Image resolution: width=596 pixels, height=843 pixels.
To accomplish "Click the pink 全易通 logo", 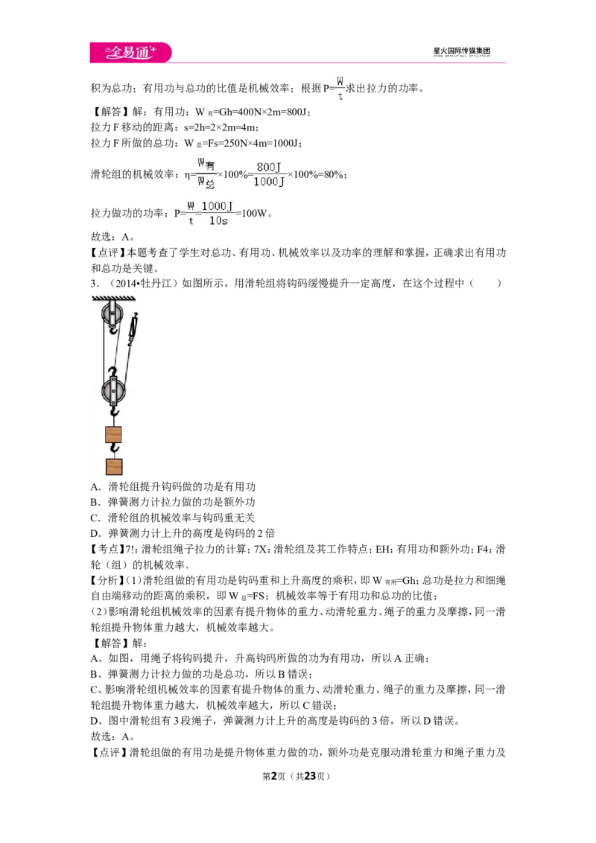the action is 130,52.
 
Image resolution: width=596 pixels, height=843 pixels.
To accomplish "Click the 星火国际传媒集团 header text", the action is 461,51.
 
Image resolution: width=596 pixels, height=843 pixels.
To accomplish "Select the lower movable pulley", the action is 113,390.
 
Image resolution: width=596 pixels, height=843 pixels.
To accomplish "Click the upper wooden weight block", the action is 113,434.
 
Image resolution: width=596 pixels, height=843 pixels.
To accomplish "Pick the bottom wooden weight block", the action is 113,466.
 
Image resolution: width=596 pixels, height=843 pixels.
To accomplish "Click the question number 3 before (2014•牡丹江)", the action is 94,283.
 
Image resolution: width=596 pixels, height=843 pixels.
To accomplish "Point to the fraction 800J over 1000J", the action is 270,174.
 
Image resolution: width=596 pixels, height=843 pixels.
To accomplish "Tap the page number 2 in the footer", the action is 274,776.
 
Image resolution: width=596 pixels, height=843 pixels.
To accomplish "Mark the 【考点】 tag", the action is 107,549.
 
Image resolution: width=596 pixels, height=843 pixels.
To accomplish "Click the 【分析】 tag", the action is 107,580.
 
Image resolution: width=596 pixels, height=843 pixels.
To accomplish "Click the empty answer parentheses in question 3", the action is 485,283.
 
